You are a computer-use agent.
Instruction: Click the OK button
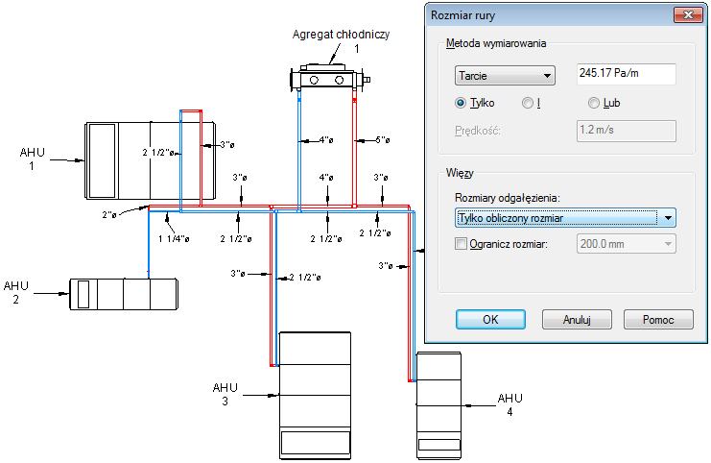[489, 319]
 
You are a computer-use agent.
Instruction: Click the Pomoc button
[658, 319]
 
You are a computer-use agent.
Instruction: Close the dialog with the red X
[687, 15]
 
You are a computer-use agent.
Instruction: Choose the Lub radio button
[594, 103]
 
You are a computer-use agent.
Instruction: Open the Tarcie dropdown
[505, 75]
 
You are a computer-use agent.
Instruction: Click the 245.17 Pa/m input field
[626, 75]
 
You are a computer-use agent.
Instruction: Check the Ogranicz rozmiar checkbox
[460, 245]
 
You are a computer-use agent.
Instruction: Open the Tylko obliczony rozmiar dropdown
[564, 218]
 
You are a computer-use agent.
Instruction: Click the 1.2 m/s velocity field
[626, 131]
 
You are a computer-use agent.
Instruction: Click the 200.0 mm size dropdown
[626, 245]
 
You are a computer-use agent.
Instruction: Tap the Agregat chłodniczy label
[341, 35]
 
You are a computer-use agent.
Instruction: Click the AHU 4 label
[510, 404]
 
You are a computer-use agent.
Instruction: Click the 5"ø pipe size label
[381, 140]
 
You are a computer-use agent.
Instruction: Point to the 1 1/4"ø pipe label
[173, 238]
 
